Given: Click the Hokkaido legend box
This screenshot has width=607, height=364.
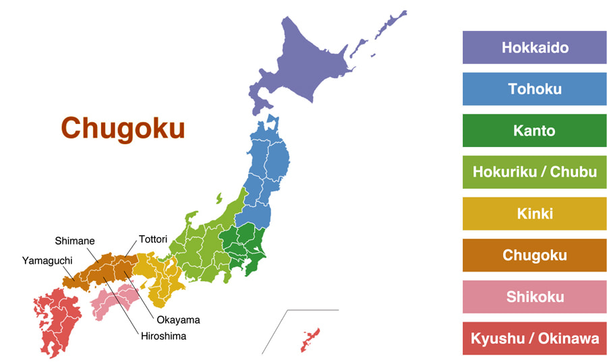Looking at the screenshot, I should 535,48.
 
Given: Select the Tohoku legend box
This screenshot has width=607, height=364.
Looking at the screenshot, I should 535,89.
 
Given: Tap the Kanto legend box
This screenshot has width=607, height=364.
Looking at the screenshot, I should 535,131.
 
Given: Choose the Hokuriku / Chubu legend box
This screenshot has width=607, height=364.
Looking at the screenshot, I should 535,172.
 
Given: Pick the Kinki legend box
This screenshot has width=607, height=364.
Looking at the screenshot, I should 535,214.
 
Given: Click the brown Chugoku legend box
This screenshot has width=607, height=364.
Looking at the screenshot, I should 535,255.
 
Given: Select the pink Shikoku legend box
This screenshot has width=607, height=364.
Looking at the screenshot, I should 535,297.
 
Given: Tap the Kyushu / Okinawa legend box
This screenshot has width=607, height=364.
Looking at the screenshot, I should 535,338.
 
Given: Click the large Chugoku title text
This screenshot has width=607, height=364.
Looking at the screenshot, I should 123,128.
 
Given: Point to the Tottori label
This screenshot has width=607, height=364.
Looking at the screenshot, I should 153,239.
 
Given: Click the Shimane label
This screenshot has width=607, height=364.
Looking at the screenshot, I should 75,241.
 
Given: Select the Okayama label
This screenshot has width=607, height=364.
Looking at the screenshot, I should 178,320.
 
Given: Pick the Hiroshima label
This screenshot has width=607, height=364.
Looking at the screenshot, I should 163,336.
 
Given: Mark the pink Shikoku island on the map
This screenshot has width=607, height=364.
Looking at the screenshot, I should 115,300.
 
